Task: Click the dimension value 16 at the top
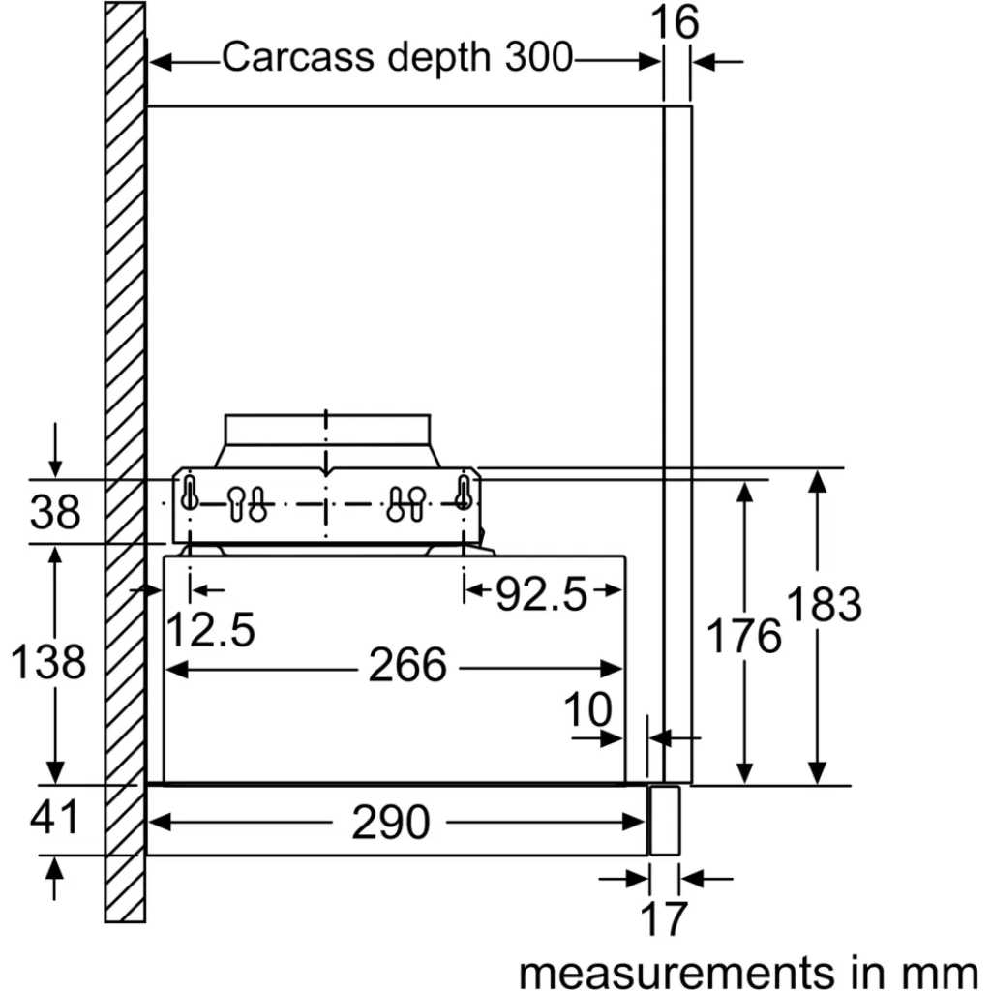pos(675,22)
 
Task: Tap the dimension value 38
pos(55,512)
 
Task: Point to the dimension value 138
pos(48,663)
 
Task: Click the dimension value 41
pos(54,819)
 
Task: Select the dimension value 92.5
pos(542,594)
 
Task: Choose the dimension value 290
pos(390,824)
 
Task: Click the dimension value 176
pos(743,636)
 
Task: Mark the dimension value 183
pos(824,605)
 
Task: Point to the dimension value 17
pos(664,918)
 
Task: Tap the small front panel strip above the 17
pos(664,820)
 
